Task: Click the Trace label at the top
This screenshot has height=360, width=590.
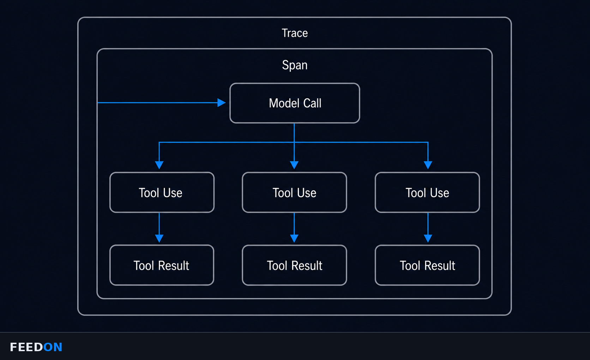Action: [x=295, y=33]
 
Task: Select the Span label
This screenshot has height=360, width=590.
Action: [x=295, y=65]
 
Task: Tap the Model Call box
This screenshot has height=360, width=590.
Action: [x=295, y=103]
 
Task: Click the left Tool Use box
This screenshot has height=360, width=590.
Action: [x=162, y=192]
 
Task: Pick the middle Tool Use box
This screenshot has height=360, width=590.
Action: [x=295, y=192]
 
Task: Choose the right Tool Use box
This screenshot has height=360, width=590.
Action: [x=427, y=192]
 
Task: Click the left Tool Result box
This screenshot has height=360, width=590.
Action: [x=162, y=265]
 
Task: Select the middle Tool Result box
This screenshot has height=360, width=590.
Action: [x=295, y=265]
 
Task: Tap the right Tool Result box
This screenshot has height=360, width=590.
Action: [x=427, y=265]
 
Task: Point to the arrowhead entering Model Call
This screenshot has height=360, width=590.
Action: [x=222, y=102]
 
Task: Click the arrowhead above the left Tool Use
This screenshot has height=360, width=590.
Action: [x=159, y=165]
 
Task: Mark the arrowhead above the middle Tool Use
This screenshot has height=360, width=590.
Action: [x=294, y=165]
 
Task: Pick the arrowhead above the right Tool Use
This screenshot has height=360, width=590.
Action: [x=428, y=165]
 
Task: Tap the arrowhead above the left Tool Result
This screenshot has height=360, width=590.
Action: [x=159, y=238]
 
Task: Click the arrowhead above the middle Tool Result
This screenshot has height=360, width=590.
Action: [x=294, y=238]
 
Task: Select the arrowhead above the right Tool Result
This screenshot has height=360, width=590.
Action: [x=428, y=238]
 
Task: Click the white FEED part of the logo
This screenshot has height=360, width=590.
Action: [x=26, y=347]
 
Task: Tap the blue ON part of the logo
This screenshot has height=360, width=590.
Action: [x=53, y=347]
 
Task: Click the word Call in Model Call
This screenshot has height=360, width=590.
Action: [x=312, y=103]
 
